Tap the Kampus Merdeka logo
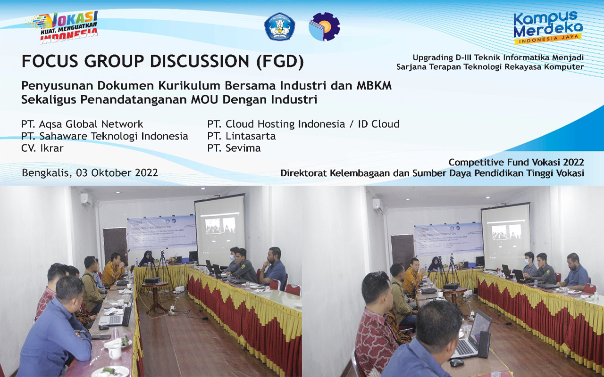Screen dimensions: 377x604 pos(547,27)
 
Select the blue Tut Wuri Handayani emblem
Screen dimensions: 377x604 pos(279,26)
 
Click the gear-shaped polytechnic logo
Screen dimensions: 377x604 pos(324,26)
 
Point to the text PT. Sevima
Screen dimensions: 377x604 pos(234,148)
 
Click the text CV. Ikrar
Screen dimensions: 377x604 pos(42,148)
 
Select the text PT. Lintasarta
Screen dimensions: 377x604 pos(241,136)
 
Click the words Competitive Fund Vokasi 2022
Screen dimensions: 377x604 pos(516,163)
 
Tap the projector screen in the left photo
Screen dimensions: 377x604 pos(219,230)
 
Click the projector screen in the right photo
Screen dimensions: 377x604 pos(505,236)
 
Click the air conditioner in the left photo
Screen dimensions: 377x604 pos(86,198)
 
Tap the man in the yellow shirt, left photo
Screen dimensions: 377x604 pos(113,271)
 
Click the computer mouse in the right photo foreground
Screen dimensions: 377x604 pos(456,362)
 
